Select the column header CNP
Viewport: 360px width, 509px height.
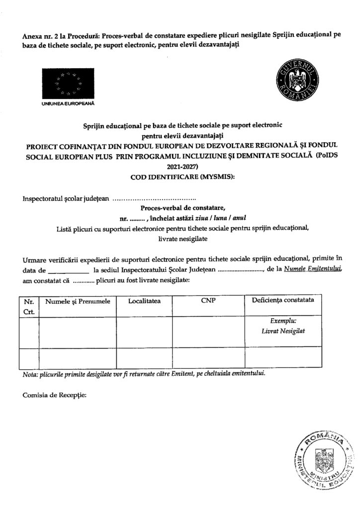point(208,301)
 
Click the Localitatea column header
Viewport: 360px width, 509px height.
point(144,301)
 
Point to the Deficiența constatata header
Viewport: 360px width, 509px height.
point(282,301)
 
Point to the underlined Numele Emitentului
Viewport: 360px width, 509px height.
point(311,269)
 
